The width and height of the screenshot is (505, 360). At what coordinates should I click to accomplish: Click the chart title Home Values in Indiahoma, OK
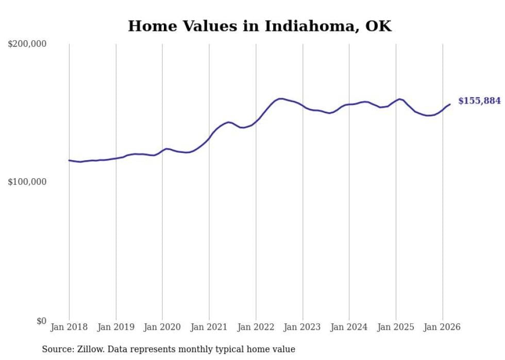(260, 26)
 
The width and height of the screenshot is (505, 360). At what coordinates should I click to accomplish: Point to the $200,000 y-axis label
(27, 44)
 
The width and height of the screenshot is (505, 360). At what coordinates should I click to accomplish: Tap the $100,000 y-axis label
(27, 182)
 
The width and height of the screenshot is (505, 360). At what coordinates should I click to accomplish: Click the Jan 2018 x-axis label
(69, 327)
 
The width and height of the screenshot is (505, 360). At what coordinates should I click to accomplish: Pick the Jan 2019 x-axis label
(116, 327)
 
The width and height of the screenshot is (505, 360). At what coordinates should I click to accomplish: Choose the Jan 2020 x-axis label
(162, 327)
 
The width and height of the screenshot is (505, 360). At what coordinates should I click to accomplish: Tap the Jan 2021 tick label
(209, 327)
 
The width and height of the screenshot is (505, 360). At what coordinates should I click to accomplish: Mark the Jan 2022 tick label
(256, 327)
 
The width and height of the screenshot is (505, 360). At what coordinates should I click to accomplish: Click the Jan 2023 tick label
(302, 327)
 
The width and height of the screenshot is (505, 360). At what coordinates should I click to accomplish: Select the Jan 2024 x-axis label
(349, 327)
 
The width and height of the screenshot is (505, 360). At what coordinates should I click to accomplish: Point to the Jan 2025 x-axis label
(396, 327)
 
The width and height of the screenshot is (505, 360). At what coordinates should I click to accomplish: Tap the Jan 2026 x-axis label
(443, 327)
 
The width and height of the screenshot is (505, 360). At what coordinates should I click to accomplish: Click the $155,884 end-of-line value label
(479, 101)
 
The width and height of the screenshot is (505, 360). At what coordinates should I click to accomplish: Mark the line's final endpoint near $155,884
(450, 105)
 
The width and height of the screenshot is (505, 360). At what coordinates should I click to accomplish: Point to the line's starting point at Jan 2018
(69, 160)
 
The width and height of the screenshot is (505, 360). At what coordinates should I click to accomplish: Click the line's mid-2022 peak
(280, 98)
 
